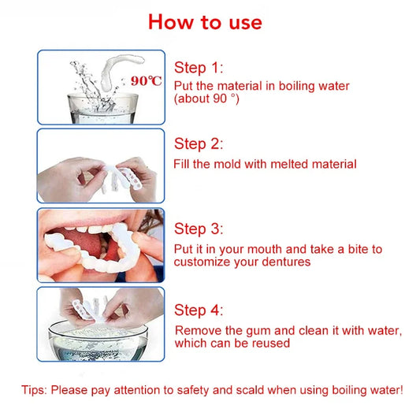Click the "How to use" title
[205, 21]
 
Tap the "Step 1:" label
[199, 68]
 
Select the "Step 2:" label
[199, 143]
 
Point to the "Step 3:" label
[199, 229]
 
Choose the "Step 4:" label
[199, 310]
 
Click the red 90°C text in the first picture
[147, 80]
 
